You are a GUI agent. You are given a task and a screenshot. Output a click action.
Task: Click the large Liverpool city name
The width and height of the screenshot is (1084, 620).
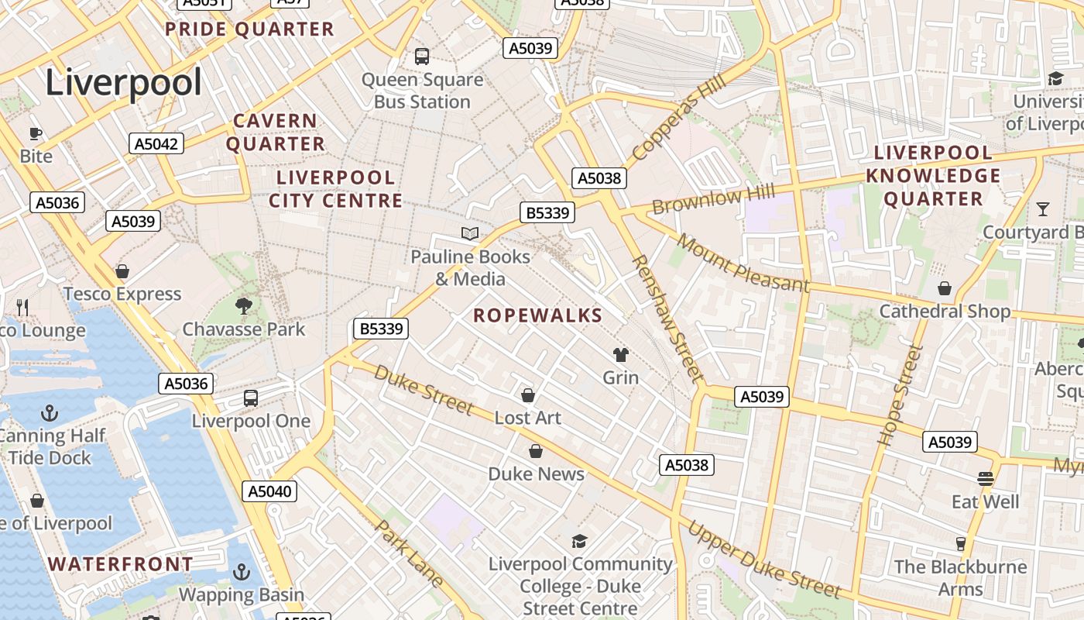123,82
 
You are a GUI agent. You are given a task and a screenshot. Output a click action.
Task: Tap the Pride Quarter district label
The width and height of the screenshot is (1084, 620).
249,29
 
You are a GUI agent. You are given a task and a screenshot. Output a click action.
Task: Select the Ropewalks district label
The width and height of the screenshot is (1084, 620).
537,315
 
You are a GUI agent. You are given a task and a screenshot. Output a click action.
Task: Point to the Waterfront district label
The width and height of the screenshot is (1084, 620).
121,564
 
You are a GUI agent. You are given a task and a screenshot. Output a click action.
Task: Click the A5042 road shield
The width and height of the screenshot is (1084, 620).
156,143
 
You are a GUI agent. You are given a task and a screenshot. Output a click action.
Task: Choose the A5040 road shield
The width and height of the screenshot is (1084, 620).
269,491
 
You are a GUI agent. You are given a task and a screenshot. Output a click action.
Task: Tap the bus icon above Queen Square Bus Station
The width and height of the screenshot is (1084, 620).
422,56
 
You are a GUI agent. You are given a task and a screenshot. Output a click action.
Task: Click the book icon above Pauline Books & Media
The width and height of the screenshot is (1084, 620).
470,233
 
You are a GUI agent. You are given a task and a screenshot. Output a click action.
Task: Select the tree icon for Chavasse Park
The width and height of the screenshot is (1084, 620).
244,306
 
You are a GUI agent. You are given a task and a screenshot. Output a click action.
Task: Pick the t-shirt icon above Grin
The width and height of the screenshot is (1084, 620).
621,355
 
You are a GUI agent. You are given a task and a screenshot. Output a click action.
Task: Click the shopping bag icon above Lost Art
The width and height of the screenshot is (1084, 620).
528,395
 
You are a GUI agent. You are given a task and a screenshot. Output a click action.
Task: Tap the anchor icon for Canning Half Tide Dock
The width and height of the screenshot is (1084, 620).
50,412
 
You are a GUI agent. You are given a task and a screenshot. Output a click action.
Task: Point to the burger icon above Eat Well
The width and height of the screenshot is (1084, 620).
986,479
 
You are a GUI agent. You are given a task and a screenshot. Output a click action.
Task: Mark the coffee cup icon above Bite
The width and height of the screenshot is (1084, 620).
36,133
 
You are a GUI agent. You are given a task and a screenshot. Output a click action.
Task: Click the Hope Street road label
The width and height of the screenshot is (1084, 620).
902,395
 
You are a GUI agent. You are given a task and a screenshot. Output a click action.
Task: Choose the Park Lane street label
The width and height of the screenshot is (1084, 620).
410,553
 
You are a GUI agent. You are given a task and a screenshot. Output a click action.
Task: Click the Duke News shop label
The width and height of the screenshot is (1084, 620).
536,474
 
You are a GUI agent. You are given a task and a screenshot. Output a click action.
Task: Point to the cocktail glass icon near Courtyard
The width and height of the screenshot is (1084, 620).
1043,208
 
